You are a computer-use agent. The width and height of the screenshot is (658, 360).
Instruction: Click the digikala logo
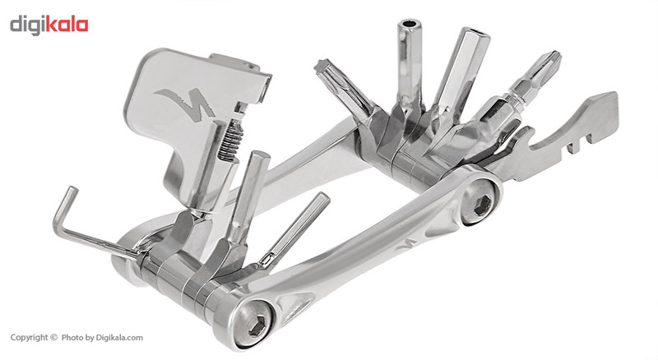49,25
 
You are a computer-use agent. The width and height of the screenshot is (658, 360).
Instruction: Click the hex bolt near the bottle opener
482,205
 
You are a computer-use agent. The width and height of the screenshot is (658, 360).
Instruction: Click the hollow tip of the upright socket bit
410,23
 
